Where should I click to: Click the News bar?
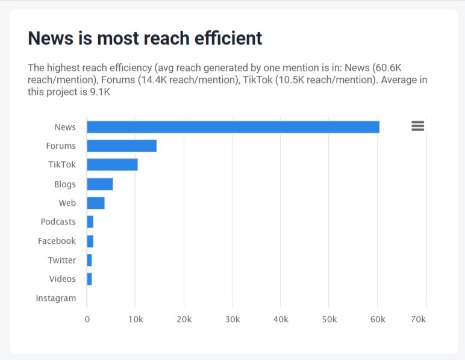(x=233, y=127)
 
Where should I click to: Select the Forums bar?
(x=122, y=146)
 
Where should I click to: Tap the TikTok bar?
(x=112, y=165)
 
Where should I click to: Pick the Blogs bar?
(x=100, y=184)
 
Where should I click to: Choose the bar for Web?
(x=96, y=203)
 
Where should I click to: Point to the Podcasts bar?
(x=90, y=222)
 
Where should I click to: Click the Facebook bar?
(x=90, y=241)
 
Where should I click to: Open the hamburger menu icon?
(x=417, y=126)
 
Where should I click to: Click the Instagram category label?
(x=56, y=298)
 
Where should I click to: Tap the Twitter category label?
(x=62, y=260)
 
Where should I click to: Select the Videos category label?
(x=63, y=279)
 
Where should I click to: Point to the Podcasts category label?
(x=58, y=222)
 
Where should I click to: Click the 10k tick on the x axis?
(x=136, y=319)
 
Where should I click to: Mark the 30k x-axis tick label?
(x=232, y=319)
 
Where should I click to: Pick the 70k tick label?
(x=417, y=319)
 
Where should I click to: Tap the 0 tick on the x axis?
(x=87, y=319)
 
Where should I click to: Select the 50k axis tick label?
(x=329, y=319)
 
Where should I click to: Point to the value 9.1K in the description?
(x=99, y=92)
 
